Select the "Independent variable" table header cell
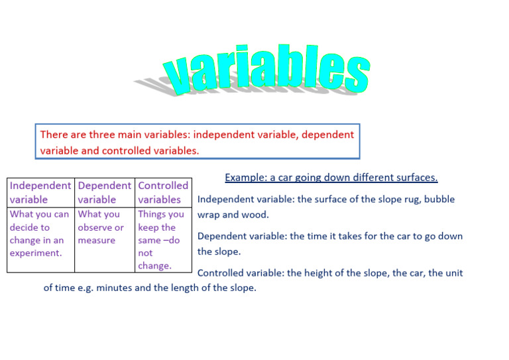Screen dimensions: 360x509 (40, 192)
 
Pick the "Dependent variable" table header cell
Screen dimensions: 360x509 (104, 192)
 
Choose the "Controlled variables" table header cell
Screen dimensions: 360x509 (163, 192)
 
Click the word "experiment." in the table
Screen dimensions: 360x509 (35, 253)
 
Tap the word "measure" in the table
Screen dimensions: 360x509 (97, 240)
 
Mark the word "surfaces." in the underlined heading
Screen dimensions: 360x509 (416, 178)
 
